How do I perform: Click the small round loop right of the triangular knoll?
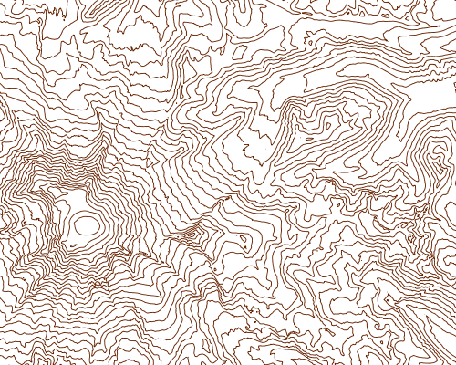(x=245, y=241)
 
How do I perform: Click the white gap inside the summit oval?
(x=87, y=224)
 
